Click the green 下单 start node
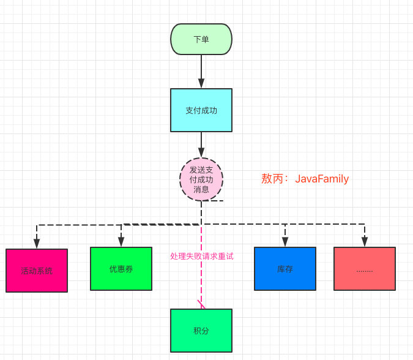(201, 39)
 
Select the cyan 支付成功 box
(201, 110)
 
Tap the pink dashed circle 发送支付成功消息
(201, 179)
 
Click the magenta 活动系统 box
(37, 270)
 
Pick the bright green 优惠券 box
(121, 268)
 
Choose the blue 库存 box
(285, 268)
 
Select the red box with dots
(365, 268)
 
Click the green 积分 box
(201, 330)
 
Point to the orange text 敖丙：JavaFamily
(305, 179)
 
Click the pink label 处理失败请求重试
(201, 257)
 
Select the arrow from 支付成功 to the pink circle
(201, 145)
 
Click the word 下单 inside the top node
(201, 39)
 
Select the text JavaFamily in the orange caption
(322, 179)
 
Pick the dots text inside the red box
(365, 269)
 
